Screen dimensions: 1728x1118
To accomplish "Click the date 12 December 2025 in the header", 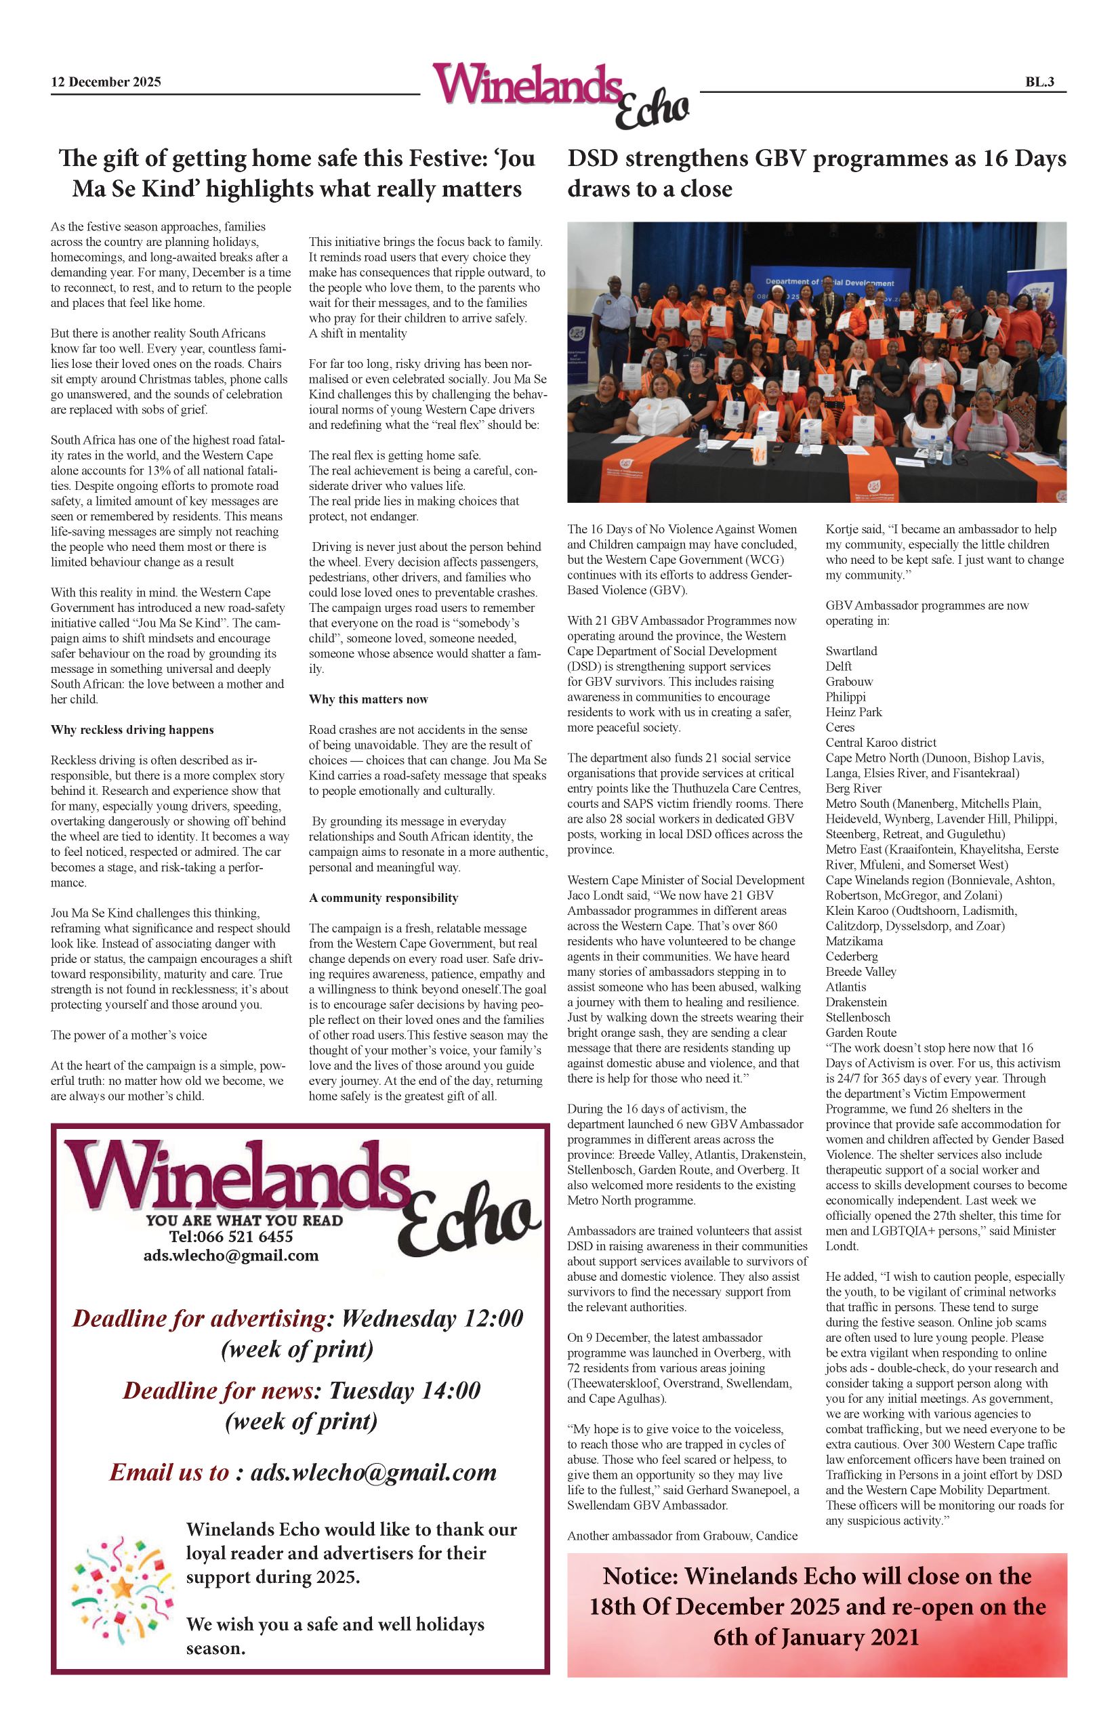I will point(106,82).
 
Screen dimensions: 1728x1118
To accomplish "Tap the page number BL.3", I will point(1039,82).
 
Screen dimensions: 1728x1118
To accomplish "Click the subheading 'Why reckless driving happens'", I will point(132,730).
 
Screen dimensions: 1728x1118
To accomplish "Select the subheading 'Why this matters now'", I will point(368,699).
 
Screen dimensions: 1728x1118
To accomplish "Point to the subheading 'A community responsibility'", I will point(384,897).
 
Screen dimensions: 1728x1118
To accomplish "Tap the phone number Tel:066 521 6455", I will point(231,1237).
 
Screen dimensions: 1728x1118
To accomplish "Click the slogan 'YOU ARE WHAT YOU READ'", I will point(244,1220).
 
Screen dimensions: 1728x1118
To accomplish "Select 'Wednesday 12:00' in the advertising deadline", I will point(432,1319).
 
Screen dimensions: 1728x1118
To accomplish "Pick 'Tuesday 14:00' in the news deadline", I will point(405,1391).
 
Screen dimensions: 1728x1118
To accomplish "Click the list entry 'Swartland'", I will point(851,651).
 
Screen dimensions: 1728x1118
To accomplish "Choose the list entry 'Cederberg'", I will point(852,956).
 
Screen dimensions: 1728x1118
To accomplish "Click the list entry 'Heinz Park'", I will point(854,712).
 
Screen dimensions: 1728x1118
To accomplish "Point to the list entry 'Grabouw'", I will point(850,682).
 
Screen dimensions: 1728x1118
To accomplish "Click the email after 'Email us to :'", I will point(373,1473).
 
